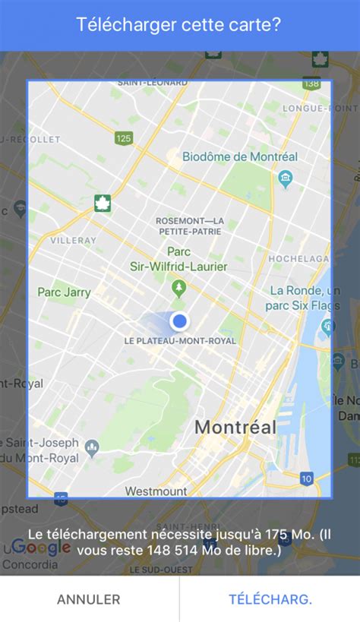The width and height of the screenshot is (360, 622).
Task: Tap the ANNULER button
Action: pyautogui.click(x=88, y=599)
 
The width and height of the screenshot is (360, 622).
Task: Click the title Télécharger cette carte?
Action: pyautogui.click(x=179, y=24)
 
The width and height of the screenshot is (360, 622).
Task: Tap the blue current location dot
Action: pyautogui.click(x=179, y=321)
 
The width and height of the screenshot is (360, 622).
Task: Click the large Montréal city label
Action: pyautogui.click(x=235, y=427)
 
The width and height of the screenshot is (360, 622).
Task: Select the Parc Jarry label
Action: pyautogui.click(x=65, y=292)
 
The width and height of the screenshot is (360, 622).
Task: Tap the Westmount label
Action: pyautogui.click(x=156, y=491)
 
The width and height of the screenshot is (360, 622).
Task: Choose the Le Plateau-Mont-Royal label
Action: pyautogui.click(x=180, y=341)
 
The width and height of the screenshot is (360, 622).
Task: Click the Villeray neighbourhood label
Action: pyautogui.click(x=74, y=240)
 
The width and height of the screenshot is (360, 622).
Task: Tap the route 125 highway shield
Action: pyautogui.click(x=124, y=137)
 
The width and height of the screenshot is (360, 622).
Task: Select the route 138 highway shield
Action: pyautogui.click(x=311, y=84)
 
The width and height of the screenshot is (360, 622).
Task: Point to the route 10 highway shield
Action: pyautogui.click(x=306, y=478)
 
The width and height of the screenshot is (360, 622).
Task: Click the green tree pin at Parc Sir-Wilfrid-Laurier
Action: pyautogui.click(x=178, y=287)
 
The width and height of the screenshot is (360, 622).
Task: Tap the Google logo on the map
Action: pyautogui.click(x=41, y=548)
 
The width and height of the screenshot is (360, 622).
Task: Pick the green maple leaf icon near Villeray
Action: pyautogui.click(x=102, y=203)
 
